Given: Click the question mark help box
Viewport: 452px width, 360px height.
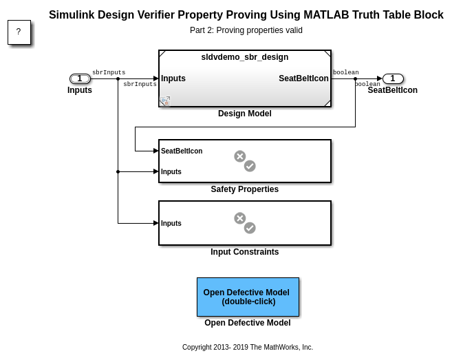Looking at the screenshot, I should (x=19, y=32).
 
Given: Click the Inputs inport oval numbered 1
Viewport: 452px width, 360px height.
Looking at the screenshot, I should (x=80, y=78).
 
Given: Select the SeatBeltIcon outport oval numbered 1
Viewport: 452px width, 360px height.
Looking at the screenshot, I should (x=393, y=78).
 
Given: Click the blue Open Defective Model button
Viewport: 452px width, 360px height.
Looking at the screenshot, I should (x=248, y=297).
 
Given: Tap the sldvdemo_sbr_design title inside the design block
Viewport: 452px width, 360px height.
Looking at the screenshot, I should (x=244, y=57).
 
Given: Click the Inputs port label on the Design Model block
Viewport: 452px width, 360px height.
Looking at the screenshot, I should (x=173, y=78).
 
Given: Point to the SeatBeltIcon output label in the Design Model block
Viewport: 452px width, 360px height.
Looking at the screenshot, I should (x=303, y=78).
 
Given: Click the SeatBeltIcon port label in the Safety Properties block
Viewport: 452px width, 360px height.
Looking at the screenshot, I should (x=182, y=151).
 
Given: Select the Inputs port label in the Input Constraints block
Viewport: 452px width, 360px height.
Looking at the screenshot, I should (x=171, y=223).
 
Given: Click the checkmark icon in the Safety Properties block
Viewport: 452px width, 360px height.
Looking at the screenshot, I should (x=250, y=166).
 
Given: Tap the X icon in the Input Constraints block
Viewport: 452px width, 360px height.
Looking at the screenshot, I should (x=239, y=218).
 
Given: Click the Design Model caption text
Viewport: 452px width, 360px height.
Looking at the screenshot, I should (x=244, y=114).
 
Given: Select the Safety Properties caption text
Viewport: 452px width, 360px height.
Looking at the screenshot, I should (x=244, y=189).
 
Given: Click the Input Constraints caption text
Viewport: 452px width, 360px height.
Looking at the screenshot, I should (x=244, y=252).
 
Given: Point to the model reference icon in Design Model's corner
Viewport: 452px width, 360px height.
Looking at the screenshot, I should (x=165, y=101).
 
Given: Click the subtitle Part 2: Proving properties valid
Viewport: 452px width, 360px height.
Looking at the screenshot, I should (x=246, y=30).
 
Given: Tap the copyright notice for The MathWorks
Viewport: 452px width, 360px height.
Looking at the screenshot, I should (x=247, y=348).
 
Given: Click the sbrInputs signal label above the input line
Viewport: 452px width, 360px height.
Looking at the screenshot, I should (x=109, y=72).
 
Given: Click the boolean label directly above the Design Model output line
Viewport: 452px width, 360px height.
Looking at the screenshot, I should (x=345, y=72).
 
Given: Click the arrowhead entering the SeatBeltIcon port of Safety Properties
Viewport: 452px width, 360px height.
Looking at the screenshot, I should (x=156, y=151).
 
